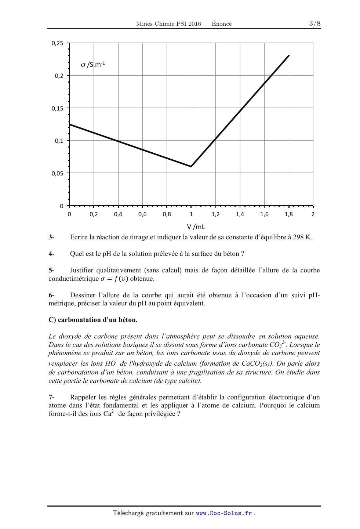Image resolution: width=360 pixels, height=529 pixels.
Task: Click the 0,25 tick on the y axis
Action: click(x=57, y=43)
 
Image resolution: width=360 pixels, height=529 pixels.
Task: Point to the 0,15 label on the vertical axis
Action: click(x=57, y=108)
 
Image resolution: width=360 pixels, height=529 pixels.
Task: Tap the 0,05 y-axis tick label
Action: click(x=57, y=173)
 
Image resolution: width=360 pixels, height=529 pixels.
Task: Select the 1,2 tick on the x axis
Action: click(x=215, y=214)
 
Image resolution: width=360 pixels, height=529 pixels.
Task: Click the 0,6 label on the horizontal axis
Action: click(x=142, y=214)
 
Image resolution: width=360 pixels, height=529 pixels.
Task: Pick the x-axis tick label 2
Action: click(x=313, y=214)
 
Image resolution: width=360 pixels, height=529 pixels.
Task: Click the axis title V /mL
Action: click(x=196, y=227)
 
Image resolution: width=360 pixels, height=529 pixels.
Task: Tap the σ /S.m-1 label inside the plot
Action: click(x=93, y=65)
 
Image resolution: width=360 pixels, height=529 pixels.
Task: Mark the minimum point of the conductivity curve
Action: click(x=191, y=167)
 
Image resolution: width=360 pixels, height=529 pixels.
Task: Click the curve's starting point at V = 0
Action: click(x=70, y=124)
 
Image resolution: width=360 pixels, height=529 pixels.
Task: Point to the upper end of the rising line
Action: click(x=289, y=55)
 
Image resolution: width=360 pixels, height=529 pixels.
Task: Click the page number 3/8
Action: click(x=315, y=24)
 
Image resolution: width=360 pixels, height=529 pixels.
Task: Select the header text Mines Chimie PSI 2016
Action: click(x=168, y=24)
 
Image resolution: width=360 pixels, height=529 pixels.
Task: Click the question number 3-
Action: click(x=51, y=237)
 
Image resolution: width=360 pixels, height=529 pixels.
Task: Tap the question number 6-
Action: click(x=51, y=295)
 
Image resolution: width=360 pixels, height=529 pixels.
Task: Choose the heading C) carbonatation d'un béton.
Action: click(x=93, y=320)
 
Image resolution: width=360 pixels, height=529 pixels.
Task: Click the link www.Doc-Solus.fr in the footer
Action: click(x=224, y=513)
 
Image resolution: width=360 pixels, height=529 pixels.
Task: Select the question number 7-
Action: click(x=51, y=397)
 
